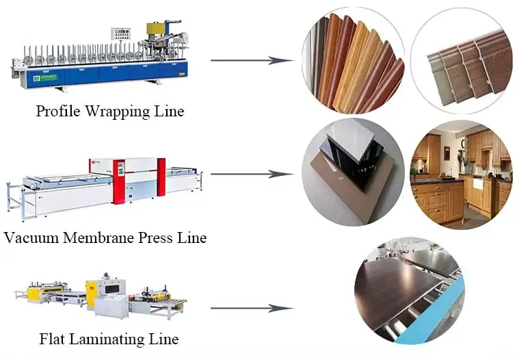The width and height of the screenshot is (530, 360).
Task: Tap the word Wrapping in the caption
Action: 116,112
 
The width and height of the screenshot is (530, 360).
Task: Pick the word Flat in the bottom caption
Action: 51,339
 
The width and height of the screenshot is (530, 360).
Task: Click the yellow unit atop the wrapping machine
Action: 157,28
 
